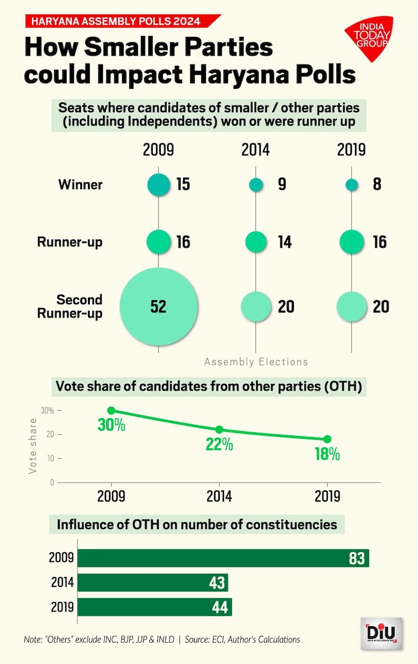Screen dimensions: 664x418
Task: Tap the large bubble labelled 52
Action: click(159, 306)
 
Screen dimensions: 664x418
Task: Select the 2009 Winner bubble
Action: click(158, 184)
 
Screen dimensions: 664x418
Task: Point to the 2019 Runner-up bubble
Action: click(352, 242)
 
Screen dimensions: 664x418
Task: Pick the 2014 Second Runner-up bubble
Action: click(256, 306)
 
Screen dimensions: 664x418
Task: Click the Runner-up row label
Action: click(70, 242)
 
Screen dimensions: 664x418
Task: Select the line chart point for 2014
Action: click(219, 430)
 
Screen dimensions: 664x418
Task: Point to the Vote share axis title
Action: click(33, 447)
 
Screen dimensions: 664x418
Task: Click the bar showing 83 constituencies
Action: click(223, 558)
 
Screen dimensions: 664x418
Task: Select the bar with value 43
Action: click(153, 583)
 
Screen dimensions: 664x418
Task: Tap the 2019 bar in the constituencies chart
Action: click(154, 607)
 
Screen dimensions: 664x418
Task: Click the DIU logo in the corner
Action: click(380, 634)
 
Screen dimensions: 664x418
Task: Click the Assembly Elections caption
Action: click(256, 362)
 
